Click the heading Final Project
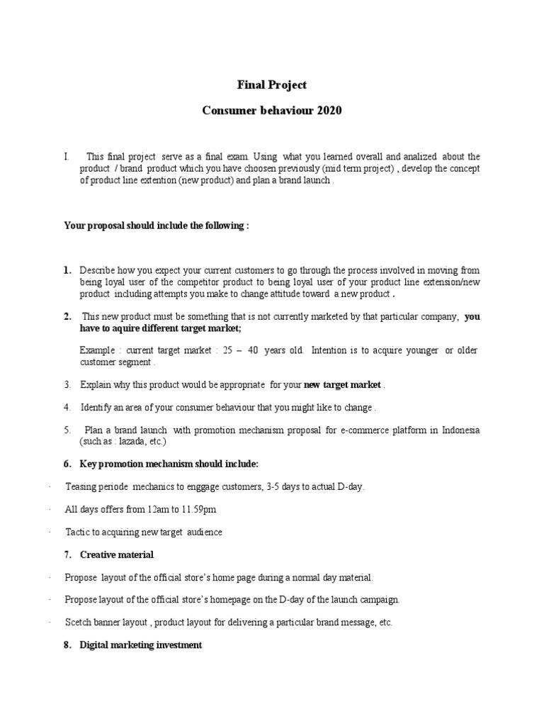[272, 85]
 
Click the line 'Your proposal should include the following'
[156, 225]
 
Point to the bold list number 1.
[67, 270]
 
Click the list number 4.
[67, 407]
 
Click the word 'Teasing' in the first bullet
[81, 486]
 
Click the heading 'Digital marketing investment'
[141, 645]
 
